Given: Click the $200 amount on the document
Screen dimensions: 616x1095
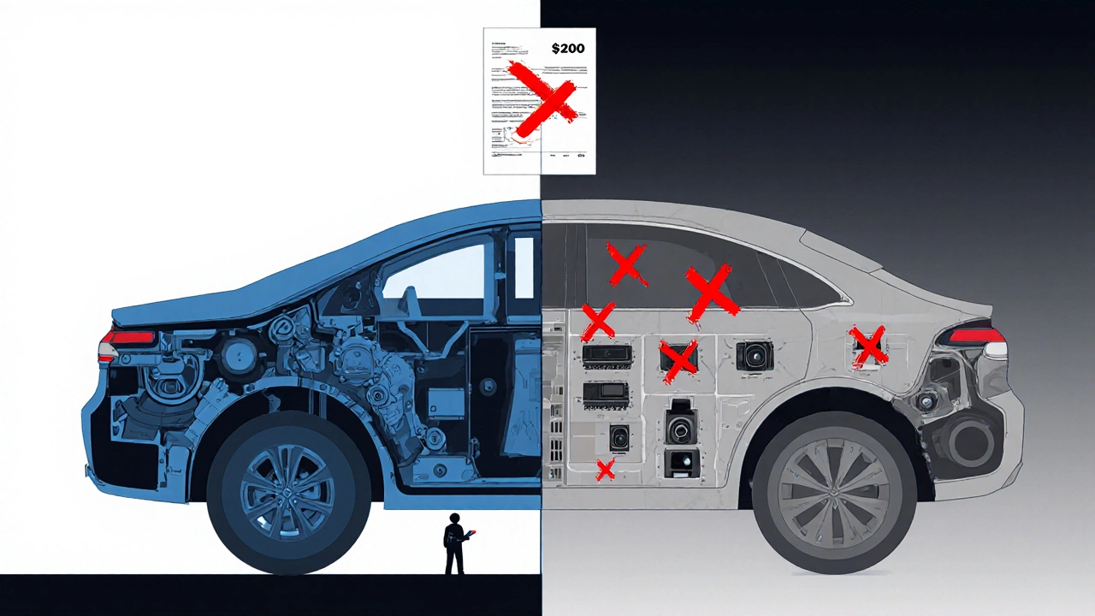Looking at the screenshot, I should tap(568, 49).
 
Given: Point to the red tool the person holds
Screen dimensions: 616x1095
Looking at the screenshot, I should tap(470, 536).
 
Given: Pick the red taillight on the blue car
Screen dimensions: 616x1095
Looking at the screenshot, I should tap(128, 338).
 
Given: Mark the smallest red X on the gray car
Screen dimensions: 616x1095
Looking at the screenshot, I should tap(605, 469).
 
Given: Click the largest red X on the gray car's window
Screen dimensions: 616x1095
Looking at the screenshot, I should tap(710, 293).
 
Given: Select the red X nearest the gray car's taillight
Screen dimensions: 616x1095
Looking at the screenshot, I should tap(869, 346).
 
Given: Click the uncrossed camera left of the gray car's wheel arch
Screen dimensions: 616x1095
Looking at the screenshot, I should tap(754, 355).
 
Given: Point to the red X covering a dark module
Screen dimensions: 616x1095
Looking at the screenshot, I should tap(679, 359).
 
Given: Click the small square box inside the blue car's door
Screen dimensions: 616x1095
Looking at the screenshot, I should tap(446, 401).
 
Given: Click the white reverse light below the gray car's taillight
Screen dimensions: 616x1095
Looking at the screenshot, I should tap(995, 350).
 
